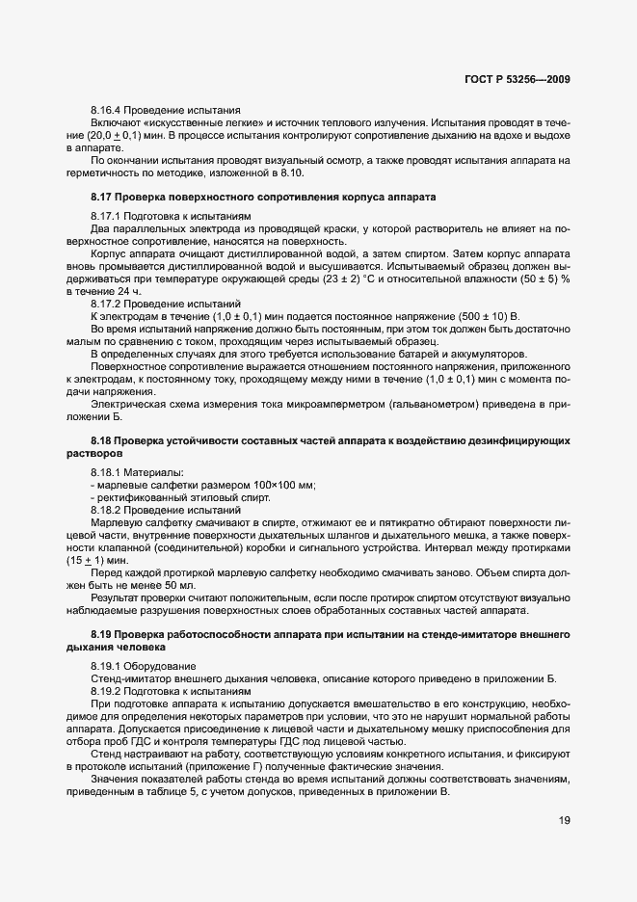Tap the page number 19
(x=563, y=822)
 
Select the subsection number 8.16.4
(x=108, y=111)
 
